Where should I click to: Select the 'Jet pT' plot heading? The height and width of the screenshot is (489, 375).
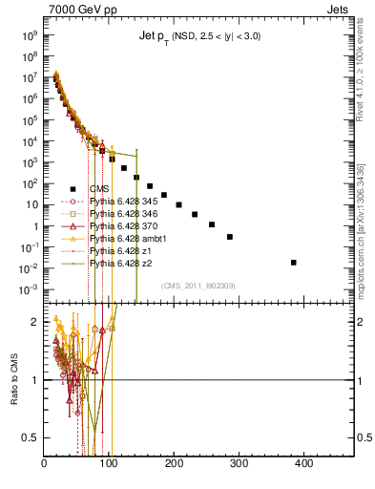[x=197, y=35]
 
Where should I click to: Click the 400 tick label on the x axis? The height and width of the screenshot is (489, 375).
[x=303, y=464]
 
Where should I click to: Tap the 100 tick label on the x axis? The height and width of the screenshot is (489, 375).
[x=109, y=464]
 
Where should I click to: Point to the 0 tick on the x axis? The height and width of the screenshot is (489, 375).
[x=45, y=464]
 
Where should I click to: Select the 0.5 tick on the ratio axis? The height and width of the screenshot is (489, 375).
[x=33, y=437]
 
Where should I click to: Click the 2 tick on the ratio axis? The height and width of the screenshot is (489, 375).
[x=38, y=322]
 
